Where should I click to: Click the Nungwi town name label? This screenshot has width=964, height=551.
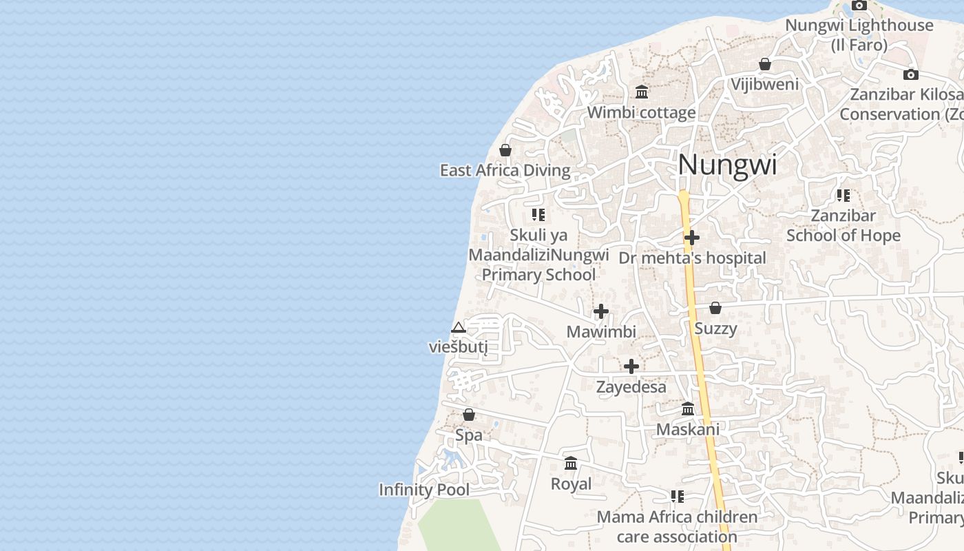727,165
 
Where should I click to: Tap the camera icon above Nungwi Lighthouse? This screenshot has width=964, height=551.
859,6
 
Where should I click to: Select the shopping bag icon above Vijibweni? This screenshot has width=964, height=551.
764,65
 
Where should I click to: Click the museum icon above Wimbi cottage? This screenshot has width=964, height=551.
642,92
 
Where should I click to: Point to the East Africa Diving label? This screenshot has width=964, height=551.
505,171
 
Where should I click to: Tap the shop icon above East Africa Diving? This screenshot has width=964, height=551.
505,150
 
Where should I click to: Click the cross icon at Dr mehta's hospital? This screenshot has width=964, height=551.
692,238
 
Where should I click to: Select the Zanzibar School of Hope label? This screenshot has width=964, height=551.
843,226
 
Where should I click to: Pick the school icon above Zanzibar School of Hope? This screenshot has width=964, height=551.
843,196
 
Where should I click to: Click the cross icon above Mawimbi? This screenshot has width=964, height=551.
601,311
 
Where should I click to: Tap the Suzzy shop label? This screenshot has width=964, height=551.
715,329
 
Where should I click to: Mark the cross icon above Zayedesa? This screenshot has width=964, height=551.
631,366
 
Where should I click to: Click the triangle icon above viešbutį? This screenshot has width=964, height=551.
459,327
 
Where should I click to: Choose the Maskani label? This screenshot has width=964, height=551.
688,430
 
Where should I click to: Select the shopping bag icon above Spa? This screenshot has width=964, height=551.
469,415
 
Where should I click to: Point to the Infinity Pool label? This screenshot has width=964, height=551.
424,490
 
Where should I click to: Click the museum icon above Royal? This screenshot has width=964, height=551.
571,464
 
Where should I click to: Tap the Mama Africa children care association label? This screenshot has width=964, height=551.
677,526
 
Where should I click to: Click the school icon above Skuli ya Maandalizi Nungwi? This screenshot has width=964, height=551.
538,215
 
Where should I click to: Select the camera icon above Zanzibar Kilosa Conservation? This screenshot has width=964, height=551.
911,74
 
